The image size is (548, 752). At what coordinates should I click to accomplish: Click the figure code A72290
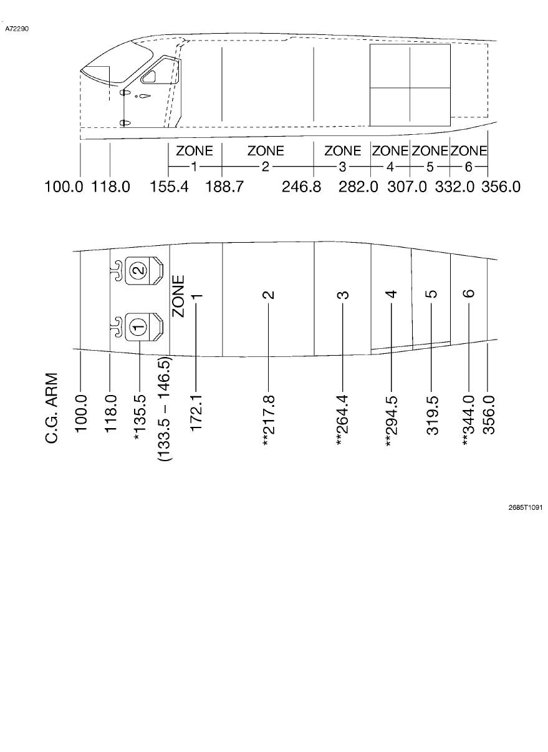point(17,29)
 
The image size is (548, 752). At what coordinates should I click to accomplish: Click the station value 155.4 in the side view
point(170,187)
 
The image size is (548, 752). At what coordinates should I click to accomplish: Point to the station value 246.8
point(301,187)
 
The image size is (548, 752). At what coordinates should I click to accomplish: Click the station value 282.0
point(358,187)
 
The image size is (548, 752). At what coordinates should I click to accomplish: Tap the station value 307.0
point(407,187)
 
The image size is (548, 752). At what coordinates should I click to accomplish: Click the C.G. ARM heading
point(53,409)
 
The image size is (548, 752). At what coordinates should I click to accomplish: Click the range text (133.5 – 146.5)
point(165,409)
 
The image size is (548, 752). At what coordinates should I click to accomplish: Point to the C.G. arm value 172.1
point(196,412)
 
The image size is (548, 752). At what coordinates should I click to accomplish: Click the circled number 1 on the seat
point(140,325)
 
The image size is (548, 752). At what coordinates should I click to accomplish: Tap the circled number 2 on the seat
point(140,271)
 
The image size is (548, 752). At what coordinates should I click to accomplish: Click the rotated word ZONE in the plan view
point(178,296)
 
